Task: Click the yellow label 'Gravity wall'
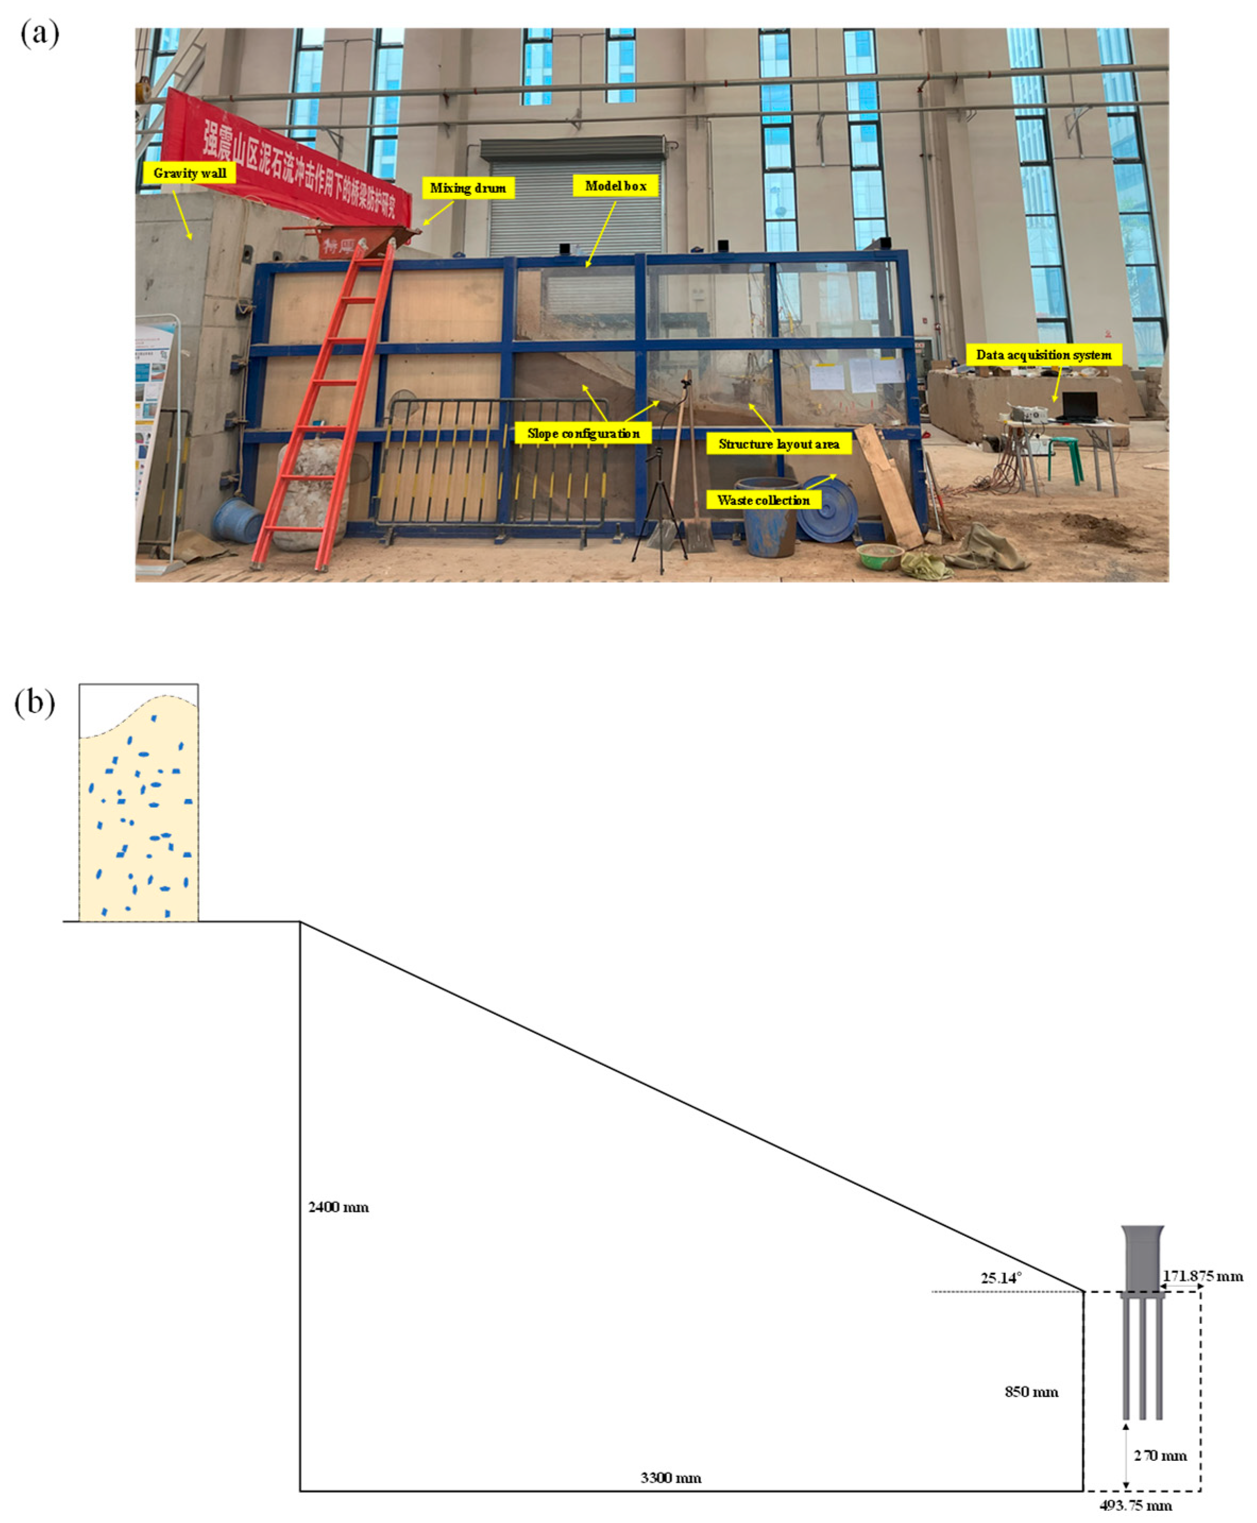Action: tap(189, 173)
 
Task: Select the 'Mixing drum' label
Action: tap(468, 188)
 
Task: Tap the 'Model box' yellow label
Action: tap(615, 186)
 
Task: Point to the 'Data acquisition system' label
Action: tap(1044, 355)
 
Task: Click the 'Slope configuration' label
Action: tap(583, 434)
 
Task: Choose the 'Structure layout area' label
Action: tap(779, 444)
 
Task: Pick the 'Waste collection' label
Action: tap(763, 500)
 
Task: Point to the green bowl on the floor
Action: tap(879, 556)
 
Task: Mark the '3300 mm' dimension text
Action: tap(671, 1478)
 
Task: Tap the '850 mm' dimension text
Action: tap(1031, 1392)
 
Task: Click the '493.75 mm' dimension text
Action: tap(1135, 1505)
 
